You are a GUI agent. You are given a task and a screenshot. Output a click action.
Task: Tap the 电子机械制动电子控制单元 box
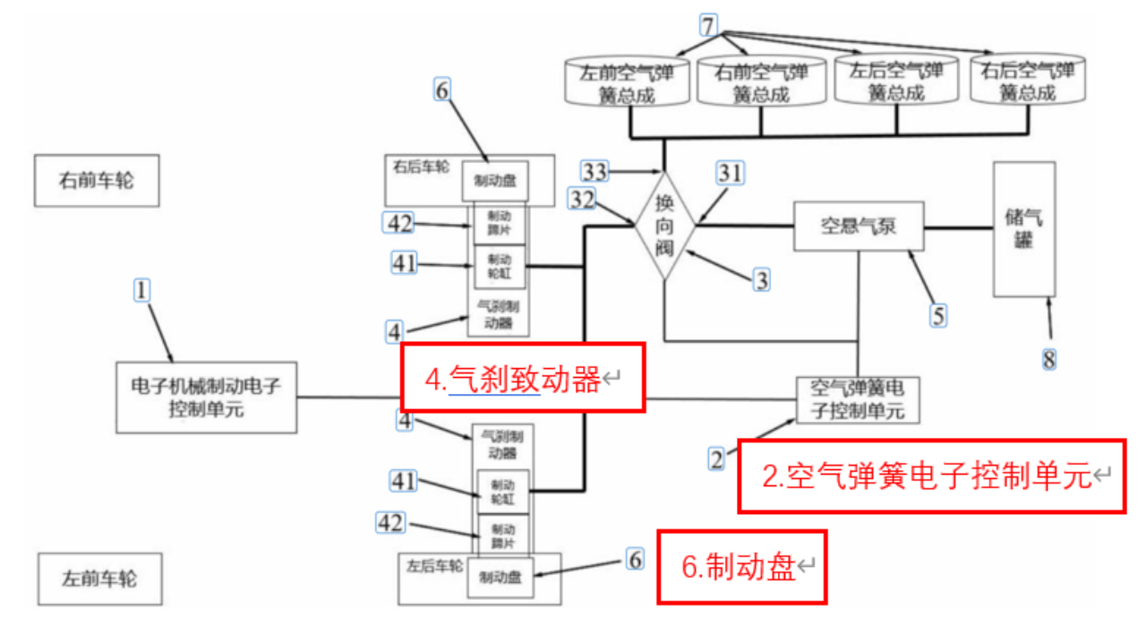(x=206, y=396)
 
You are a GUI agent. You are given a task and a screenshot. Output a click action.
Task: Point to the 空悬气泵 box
(x=859, y=227)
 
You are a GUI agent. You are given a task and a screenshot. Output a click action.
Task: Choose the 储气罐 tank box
(x=1023, y=229)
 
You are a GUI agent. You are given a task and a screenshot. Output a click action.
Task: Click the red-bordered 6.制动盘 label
(x=742, y=566)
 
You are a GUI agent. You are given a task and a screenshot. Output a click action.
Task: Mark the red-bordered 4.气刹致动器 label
(x=523, y=378)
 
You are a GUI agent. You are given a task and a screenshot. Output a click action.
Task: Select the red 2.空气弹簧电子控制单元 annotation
(x=930, y=476)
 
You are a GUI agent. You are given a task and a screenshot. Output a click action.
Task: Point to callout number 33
(x=594, y=170)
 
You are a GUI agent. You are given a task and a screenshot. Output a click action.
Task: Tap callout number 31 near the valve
(x=731, y=174)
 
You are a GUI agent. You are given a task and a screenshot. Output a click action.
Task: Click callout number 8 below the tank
(x=1048, y=360)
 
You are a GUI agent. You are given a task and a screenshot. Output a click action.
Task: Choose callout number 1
(x=142, y=290)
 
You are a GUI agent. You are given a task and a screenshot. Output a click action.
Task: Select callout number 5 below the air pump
(x=937, y=314)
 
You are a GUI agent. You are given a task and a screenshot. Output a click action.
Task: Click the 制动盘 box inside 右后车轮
(x=494, y=182)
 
